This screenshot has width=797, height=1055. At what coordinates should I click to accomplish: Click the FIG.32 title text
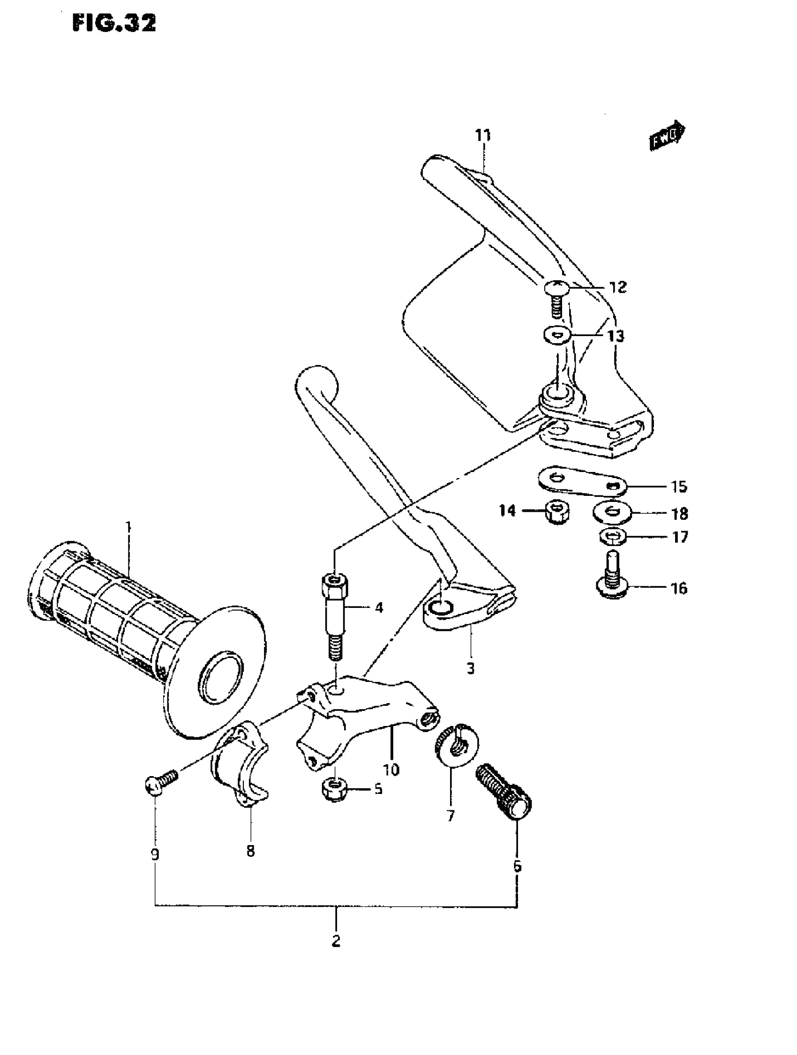point(114,22)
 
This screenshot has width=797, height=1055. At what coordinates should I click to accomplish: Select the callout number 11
point(483,135)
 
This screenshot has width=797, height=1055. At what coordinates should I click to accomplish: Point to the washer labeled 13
point(556,335)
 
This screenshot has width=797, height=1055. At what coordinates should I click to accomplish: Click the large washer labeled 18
point(612,513)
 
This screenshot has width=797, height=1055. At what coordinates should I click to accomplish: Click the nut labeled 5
point(335,792)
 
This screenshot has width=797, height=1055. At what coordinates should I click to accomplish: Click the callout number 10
point(391,769)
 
